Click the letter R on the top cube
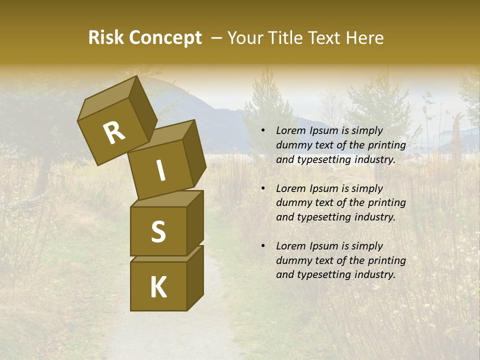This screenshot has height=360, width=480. (114, 133)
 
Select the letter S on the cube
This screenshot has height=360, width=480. (158, 231)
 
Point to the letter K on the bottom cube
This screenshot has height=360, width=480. (158, 287)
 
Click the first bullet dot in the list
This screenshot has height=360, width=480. (262, 131)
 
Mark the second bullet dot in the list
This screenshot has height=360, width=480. (262, 189)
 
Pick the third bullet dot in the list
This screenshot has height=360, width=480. (262, 246)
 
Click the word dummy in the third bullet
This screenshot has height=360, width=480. (292, 260)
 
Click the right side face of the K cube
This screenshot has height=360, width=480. (195, 277)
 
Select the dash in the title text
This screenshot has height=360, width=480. (216, 38)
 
